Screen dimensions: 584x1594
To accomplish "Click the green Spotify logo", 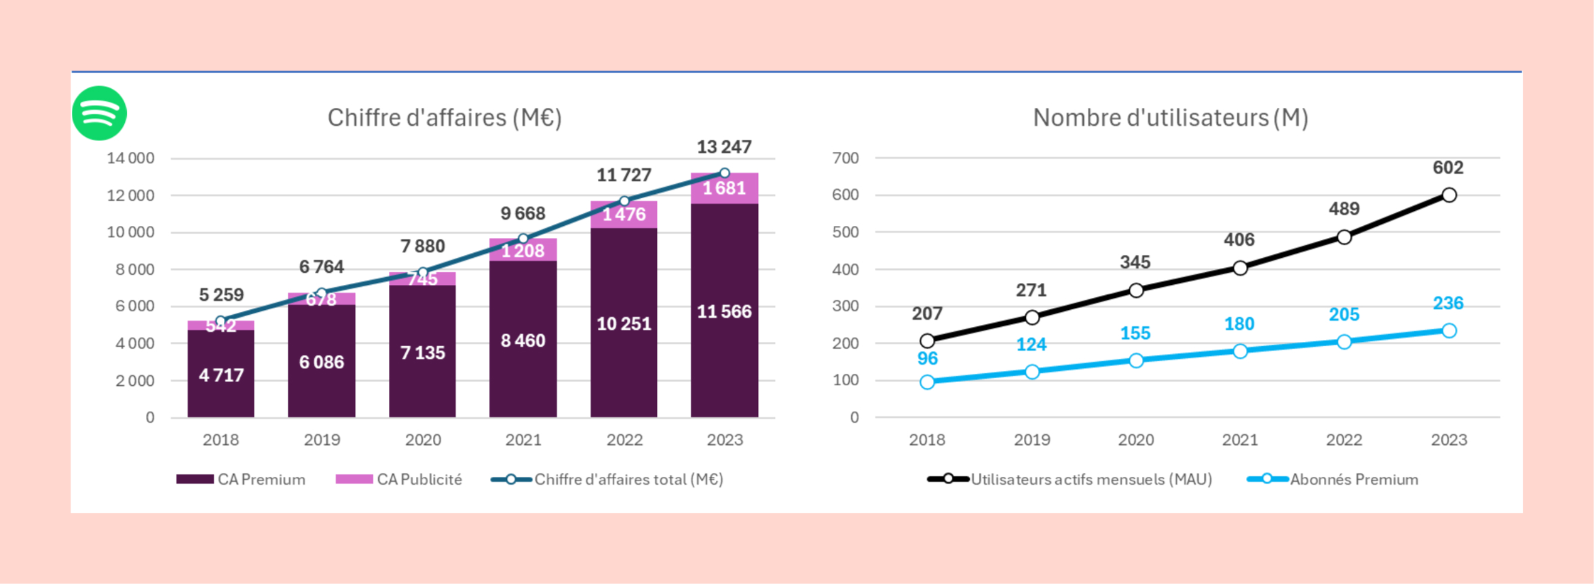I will click(99, 113).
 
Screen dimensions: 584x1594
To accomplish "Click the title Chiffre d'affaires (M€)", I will click(444, 118).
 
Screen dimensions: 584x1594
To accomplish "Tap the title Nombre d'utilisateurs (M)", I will click(1171, 118).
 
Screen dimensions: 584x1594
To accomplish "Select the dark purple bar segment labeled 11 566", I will click(724, 311).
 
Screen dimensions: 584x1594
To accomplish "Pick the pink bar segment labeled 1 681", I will click(724, 189).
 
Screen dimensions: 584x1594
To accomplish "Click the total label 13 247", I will click(724, 147).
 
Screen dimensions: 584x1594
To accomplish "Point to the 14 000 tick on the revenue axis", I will click(130, 159).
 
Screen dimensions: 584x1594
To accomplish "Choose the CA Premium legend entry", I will click(241, 480).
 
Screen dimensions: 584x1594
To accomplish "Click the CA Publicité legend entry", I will click(399, 480).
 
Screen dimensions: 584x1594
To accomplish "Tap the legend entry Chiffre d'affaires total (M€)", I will click(607, 480).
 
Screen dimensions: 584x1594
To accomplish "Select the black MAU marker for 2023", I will click(1449, 195).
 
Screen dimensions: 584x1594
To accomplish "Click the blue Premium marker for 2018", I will click(927, 382).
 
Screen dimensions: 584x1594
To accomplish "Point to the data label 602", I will click(1448, 168).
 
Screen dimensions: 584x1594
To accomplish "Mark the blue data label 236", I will click(1448, 303).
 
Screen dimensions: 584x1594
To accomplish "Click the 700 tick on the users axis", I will click(846, 159).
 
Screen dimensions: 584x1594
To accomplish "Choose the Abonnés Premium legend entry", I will click(1333, 480).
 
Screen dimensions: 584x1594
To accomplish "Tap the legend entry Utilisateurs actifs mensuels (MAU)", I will click(1070, 480).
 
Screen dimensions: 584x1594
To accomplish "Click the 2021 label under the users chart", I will click(1240, 440).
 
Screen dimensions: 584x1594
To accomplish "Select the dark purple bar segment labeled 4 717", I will click(221, 374).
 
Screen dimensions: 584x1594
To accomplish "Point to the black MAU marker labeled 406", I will click(1240, 268).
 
